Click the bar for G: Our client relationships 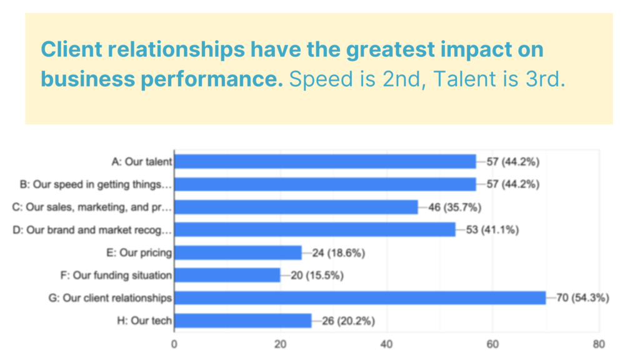360,298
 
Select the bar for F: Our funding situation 227,276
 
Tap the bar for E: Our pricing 238,252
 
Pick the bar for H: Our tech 243,321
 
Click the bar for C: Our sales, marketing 296,207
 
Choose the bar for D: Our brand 315,230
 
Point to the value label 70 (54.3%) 582,298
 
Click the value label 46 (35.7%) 455,207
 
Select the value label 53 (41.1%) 492,230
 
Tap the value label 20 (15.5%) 317,276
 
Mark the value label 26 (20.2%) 348,321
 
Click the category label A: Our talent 142,162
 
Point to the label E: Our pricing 139,253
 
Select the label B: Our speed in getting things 96,184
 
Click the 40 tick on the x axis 386,344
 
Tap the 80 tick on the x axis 599,344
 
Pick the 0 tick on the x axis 174,344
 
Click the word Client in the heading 71,49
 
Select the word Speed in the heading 321,79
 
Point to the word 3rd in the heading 546,79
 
